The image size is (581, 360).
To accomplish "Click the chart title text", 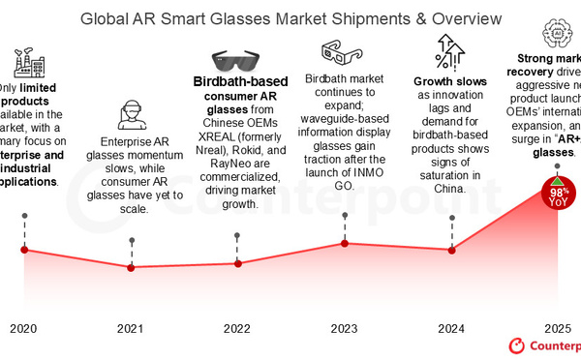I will click(x=290, y=18).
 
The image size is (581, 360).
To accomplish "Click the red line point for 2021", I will click(x=132, y=267).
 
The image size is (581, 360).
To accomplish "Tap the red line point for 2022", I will click(x=238, y=262).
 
